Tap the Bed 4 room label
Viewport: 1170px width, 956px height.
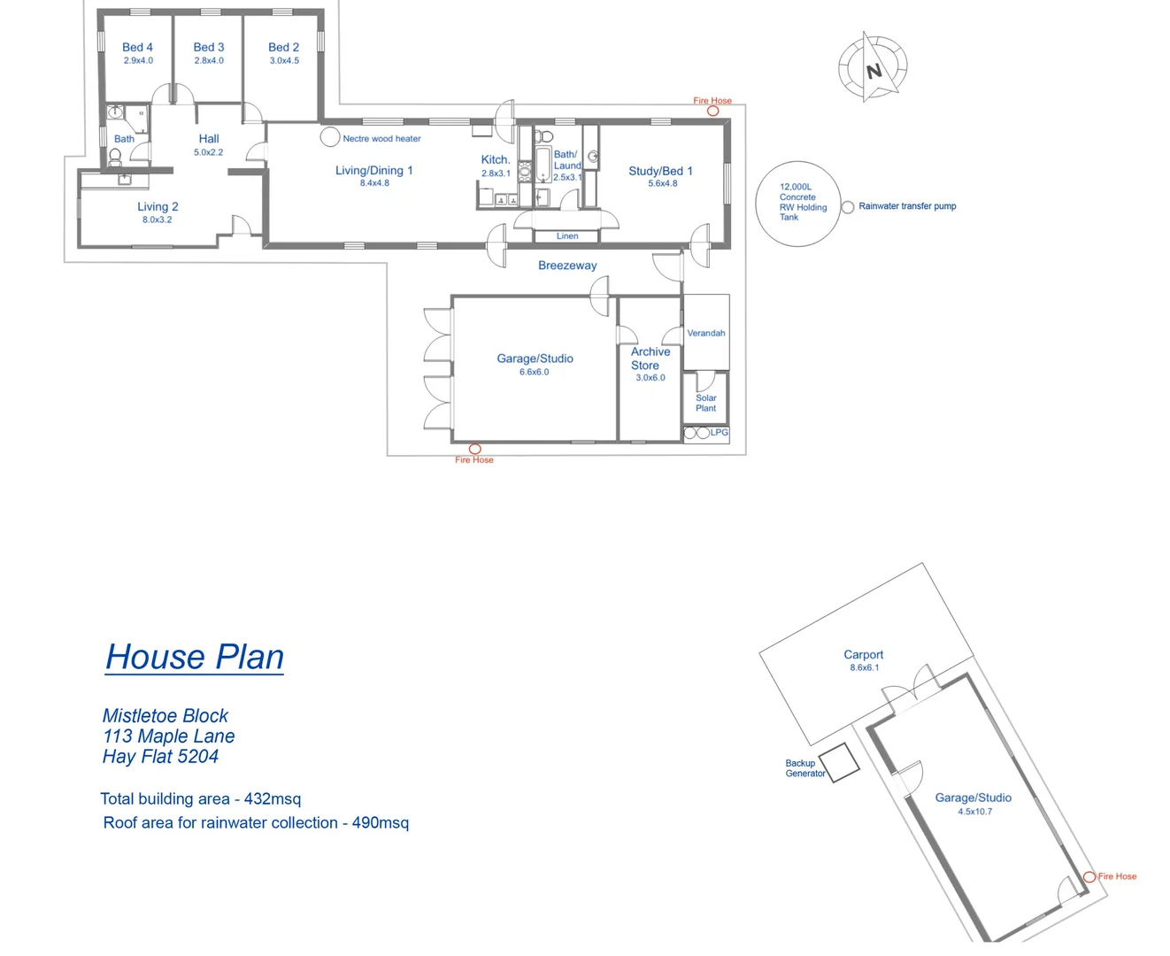(x=137, y=47)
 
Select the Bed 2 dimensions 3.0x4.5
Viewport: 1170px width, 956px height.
(x=284, y=61)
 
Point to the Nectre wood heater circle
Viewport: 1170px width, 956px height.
(x=330, y=136)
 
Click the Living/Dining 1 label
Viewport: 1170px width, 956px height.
(x=373, y=170)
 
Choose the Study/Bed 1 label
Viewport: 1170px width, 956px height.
(x=660, y=171)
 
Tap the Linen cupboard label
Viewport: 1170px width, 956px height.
(x=567, y=236)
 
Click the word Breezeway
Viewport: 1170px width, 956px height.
(x=567, y=266)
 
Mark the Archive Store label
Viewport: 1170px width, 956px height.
(x=650, y=358)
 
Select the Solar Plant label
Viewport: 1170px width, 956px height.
(x=705, y=403)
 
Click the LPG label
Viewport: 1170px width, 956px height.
(x=720, y=433)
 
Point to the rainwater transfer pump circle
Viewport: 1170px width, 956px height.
(x=848, y=207)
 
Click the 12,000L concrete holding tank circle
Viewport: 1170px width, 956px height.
(x=797, y=203)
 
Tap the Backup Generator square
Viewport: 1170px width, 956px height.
(x=839, y=761)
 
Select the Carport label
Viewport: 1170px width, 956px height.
(x=863, y=655)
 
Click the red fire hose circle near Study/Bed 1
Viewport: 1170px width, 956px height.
(x=712, y=111)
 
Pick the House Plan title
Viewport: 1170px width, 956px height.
(x=195, y=657)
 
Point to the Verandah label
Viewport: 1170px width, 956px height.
(x=706, y=334)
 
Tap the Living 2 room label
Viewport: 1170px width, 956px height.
(x=158, y=206)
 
